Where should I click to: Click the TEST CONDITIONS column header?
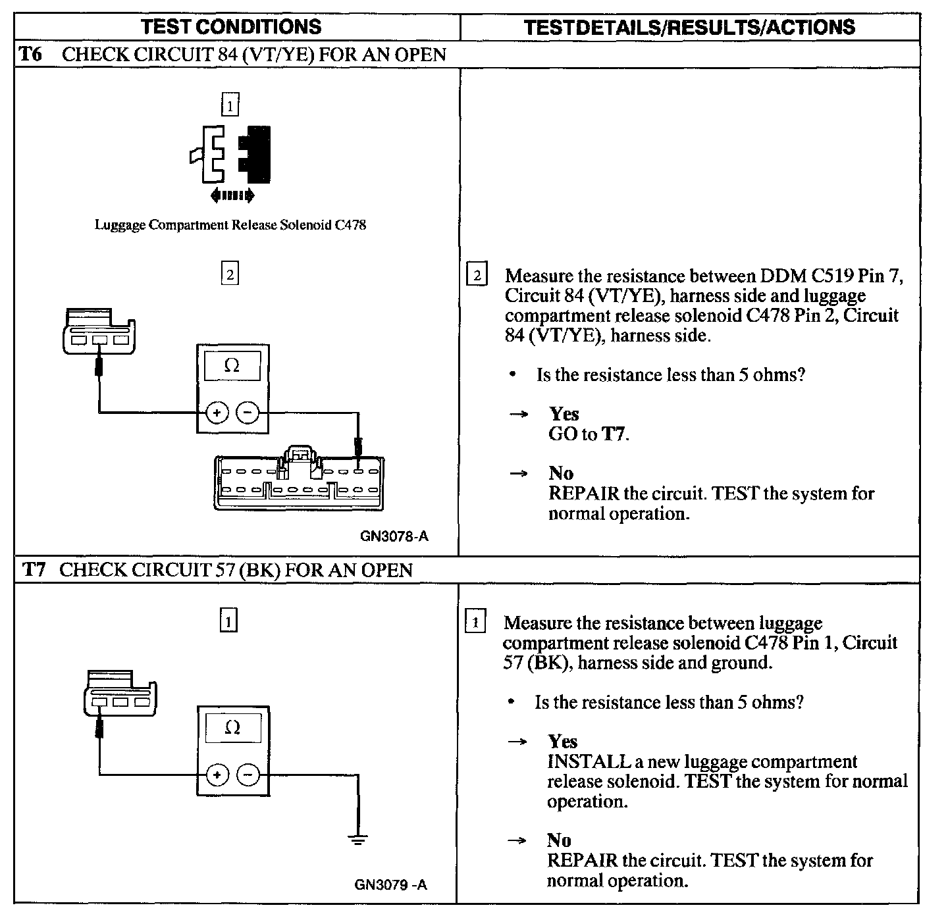(231, 26)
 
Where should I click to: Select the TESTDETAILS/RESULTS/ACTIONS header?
(689, 27)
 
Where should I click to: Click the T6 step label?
(30, 54)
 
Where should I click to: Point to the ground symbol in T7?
(357, 838)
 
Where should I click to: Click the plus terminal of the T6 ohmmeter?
(217, 413)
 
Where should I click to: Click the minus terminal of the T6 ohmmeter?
(248, 413)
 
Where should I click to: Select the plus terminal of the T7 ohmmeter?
(217, 775)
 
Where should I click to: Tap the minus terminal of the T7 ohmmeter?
(248, 775)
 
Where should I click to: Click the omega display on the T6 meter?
(232, 365)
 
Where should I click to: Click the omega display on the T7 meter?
(232, 727)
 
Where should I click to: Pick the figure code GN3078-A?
(394, 536)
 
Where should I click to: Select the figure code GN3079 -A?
(390, 884)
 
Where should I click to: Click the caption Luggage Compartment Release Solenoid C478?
(230, 225)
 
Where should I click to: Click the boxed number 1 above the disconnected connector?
(230, 105)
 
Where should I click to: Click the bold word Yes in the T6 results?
(564, 414)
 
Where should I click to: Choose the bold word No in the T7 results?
(559, 840)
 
